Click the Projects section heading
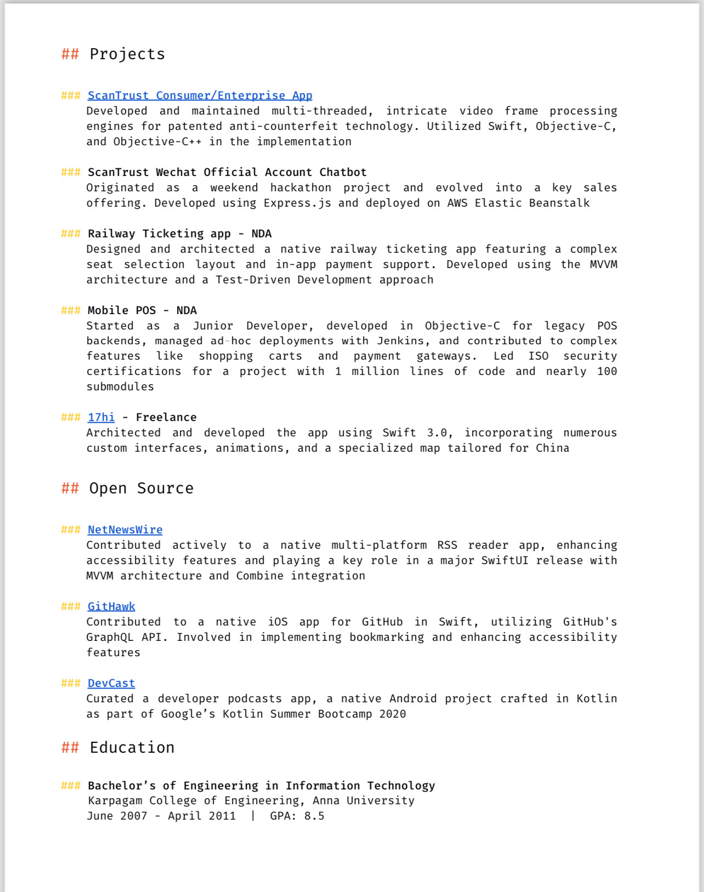[x=127, y=54]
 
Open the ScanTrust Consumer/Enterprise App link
[x=200, y=95]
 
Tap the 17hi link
[x=101, y=417]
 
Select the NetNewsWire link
[x=125, y=530]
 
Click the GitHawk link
[x=111, y=606]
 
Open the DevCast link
[x=111, y=683]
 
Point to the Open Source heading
[x=141, y=488]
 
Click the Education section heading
[x=132, y=748]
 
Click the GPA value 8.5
[x=314, y=816]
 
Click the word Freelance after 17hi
[x=166, y=417]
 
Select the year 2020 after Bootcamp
[x=393, y=714]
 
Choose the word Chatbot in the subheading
[x=343, y=172]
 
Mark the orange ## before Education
[x=70, y=748]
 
